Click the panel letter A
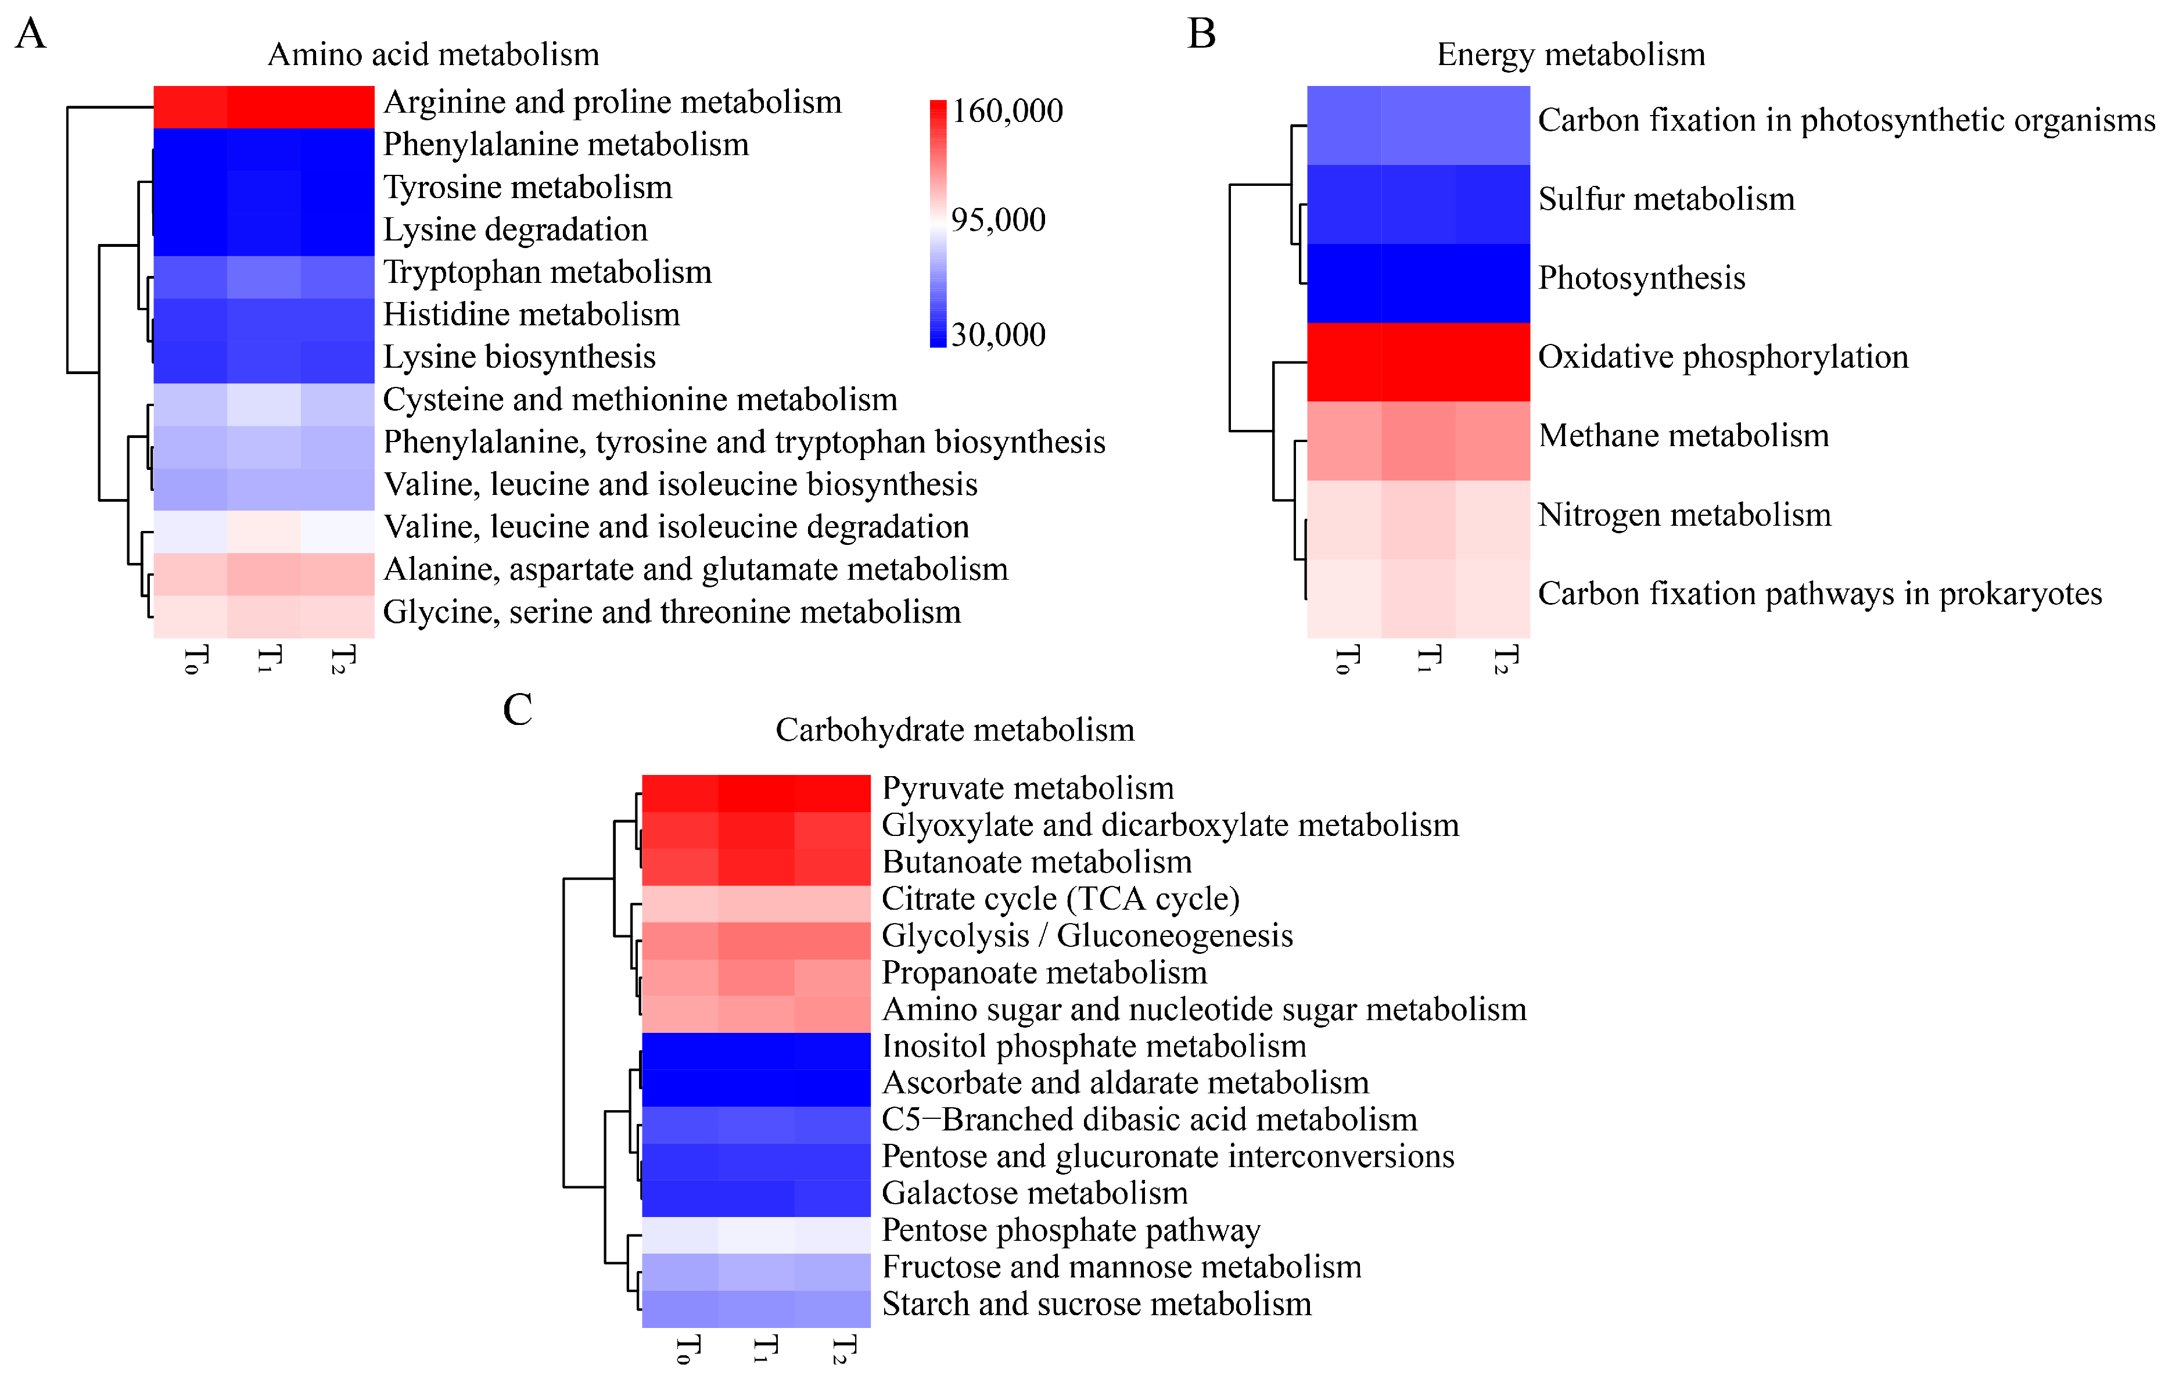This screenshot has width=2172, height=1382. [31, 34]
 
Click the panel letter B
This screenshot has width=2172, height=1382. [1201, 34]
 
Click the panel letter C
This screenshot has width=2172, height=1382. [518, 709]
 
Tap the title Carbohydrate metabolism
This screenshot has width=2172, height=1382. [954, 730]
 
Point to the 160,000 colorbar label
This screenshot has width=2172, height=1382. [1007, 111]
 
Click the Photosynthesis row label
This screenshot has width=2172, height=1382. [1640, 278]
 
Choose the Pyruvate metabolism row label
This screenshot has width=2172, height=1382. [1028, 788]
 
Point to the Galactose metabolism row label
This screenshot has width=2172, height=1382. [1035, 1193]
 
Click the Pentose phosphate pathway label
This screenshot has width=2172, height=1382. [1071, 1230]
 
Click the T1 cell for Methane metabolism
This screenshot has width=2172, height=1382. [1418, 441]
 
